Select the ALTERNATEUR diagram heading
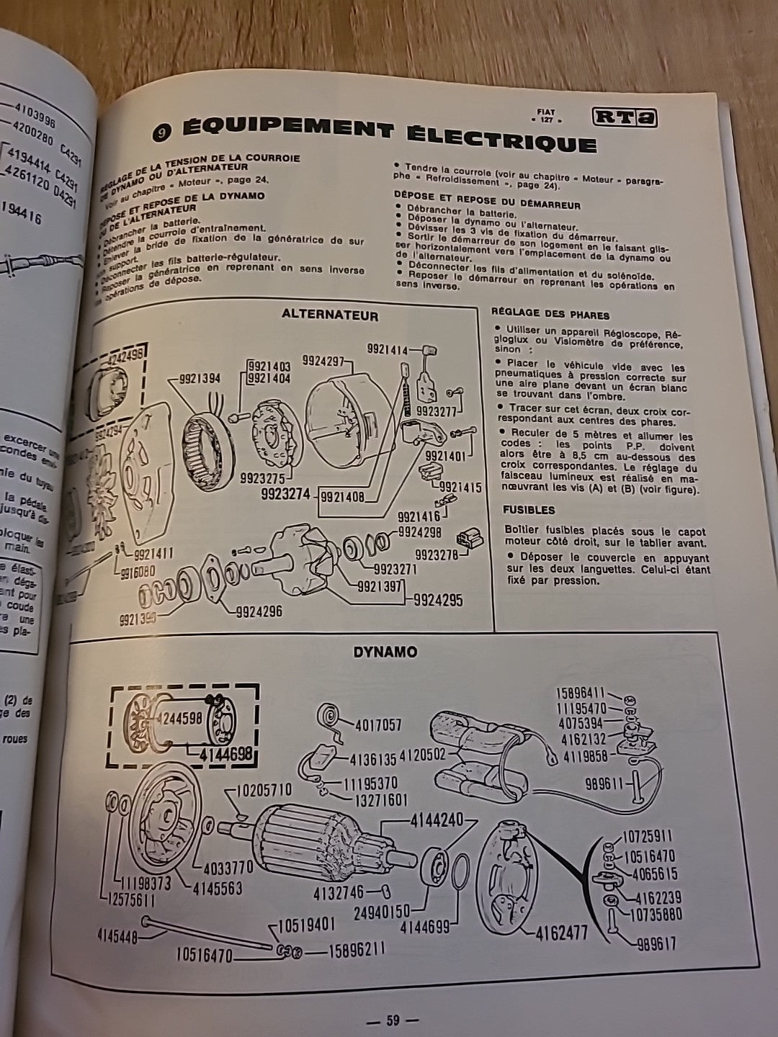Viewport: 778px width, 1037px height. [330, 315]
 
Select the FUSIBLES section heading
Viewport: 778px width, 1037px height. [529, 510]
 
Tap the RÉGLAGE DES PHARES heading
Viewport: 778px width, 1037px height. [550, 315]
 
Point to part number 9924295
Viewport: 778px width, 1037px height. [437, 600]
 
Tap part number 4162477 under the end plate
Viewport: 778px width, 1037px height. [562, 934]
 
